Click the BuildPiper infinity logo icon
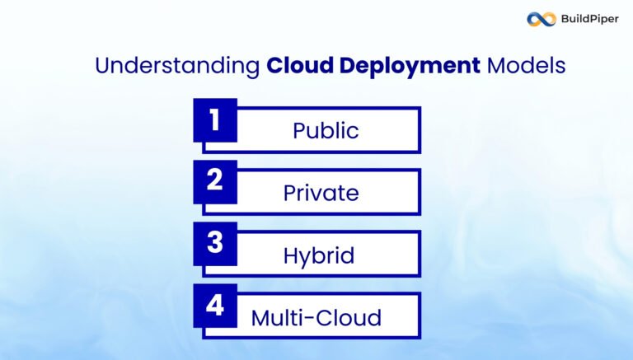[542, 19]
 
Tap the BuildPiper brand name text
[589, 19]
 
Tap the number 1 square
[215, 120]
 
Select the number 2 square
[215, 182]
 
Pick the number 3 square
[215, 244]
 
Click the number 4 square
[215, 306]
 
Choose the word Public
[326, 131]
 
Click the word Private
[321, 193]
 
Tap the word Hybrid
[319, 255]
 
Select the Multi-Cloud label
[316, 317]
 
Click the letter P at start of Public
[299, 131]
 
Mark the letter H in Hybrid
[291, 255]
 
